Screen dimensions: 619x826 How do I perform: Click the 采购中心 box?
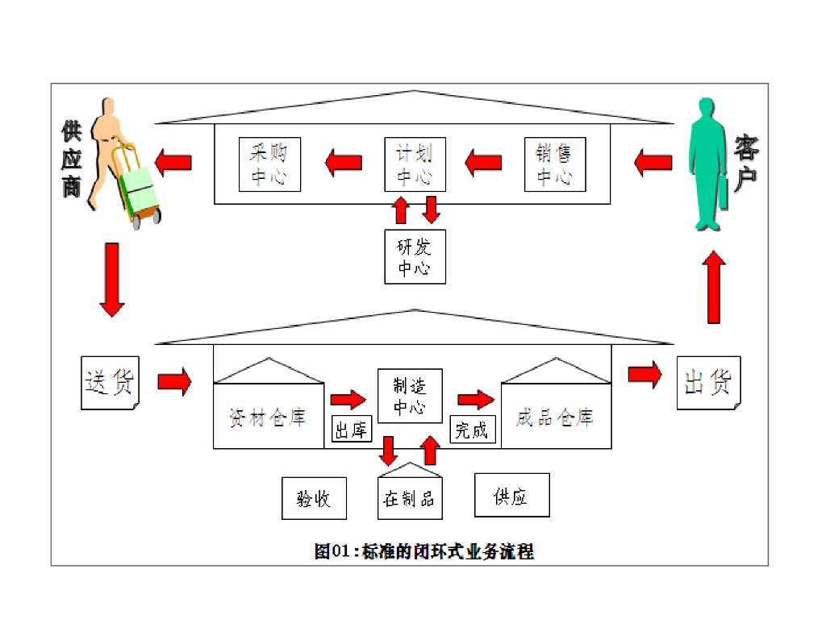pyautogui.click(x=269, y=164)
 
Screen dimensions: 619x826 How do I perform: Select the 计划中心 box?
pyautogui.click(x=415, y=164)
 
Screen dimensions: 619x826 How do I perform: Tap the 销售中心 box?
pyautogui.click(x=554, y=164)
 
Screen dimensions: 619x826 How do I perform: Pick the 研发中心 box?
pyautogui.click(x=415, y=257)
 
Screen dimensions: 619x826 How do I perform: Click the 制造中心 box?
pyautogui.click(x=410, y=395)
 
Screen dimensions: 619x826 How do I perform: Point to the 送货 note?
pyautogui.click(x=110, y=381)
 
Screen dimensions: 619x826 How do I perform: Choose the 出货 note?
pyautogui.click(x=707, y=382)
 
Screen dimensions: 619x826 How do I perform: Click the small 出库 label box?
pyautogui.click(x=352, y=429)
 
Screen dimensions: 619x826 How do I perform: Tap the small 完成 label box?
pyautogui.click(x=472, y=429)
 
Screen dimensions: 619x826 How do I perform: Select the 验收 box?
pyautogui.click(x=314, y=498)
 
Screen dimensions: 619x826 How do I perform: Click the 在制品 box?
pyautogui.click(x=410, y=496)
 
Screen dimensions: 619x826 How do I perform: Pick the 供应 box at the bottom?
pyautogui.click(x=511, y=495)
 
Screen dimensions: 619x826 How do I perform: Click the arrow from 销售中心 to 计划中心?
pyautogui.click(x=483, y=163)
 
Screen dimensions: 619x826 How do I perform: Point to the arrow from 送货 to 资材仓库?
pyautogui.click(x=174, y=380)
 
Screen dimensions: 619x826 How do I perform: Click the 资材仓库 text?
pyautogui.click(x=268, y=418)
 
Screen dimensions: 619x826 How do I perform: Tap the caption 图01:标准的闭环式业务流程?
pyautogui.click(x=423, y=552)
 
